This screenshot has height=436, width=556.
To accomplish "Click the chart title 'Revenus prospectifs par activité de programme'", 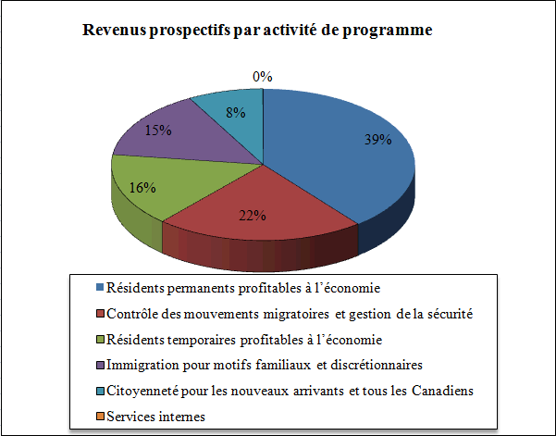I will [257, 31].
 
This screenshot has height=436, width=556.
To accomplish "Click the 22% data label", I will [253, 216].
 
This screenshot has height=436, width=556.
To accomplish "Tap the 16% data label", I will [142, 186].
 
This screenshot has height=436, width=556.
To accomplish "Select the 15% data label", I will [158, 130].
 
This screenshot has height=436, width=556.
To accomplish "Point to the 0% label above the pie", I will [263, 77].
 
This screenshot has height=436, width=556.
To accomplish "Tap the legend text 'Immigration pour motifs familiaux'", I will [214, 365].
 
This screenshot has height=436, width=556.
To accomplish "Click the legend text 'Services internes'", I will [154, 417].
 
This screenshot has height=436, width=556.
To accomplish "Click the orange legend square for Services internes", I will [99, 417].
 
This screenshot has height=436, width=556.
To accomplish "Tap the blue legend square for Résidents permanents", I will [99, 288].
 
